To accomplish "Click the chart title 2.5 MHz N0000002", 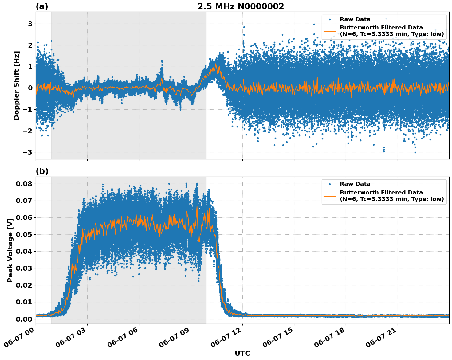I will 241,6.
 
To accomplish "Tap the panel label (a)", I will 42,6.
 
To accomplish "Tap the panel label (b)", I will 42,171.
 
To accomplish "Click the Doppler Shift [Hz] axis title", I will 17,85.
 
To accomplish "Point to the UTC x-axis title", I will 242,353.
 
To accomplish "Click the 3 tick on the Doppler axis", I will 30,24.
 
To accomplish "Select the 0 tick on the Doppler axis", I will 30,88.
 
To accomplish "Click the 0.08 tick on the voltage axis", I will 24,184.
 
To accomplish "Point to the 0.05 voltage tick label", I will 24,235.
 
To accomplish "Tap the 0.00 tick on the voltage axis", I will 24,319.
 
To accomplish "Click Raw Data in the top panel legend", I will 355,19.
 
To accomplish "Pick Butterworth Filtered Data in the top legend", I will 381,28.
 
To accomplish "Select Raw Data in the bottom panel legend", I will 355,184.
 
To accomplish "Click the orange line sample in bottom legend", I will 330,196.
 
